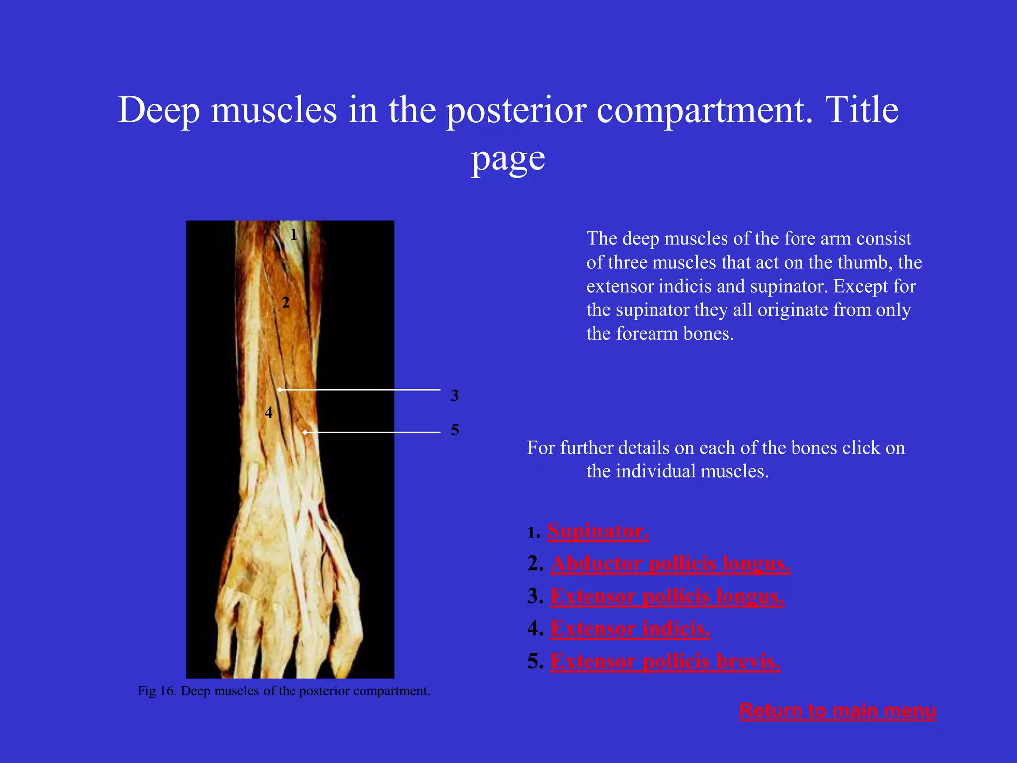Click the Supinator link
coord(598,531)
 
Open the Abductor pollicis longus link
coord(670,564)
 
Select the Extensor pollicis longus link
coord(667,596)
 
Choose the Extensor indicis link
coord(630,629)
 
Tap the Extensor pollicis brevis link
coord(665,661)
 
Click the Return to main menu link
coord(837,711)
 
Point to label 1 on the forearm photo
coord(294,234)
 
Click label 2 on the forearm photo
coord(285,302)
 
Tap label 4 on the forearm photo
coord(269,412)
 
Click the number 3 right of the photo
coord(455,396)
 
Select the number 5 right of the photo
coord(455,430)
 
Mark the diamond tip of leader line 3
coord(280,390)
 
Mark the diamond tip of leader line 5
coord(305,433)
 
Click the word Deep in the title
coord(159,110)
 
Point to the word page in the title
coord(508,159)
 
